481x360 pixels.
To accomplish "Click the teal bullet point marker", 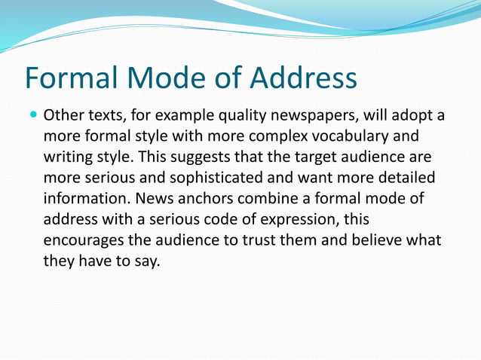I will pyautogui.click(x=32, y=117).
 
